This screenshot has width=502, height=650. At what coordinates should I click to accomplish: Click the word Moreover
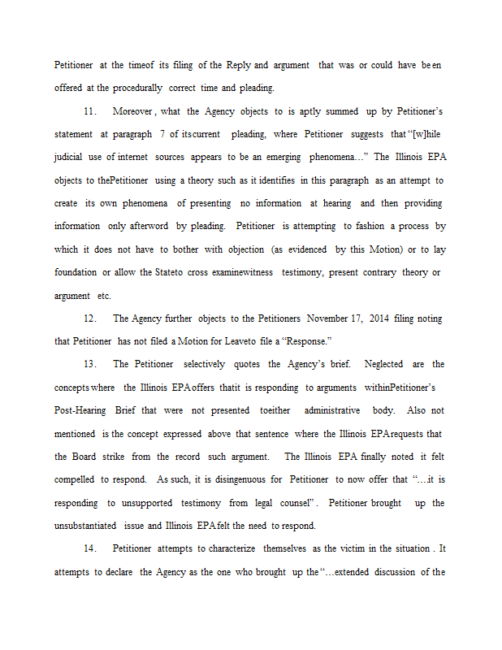[x=132, y=110]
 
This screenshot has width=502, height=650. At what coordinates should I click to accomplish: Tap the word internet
[x=134, y=157]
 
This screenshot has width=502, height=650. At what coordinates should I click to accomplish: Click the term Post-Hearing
[x=81, y=411]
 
